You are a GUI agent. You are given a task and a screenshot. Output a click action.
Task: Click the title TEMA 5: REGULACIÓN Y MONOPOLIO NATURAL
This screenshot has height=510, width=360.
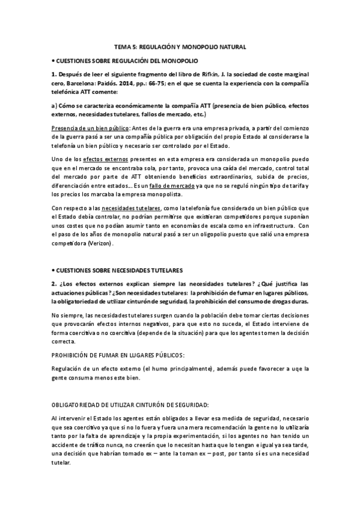click(x=180, y=46)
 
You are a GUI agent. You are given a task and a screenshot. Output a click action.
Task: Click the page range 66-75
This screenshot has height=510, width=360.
click(x=176, y=85)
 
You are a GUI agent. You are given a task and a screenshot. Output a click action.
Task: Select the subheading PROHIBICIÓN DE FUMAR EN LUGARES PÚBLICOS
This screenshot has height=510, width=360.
click(x=112, y=354)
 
